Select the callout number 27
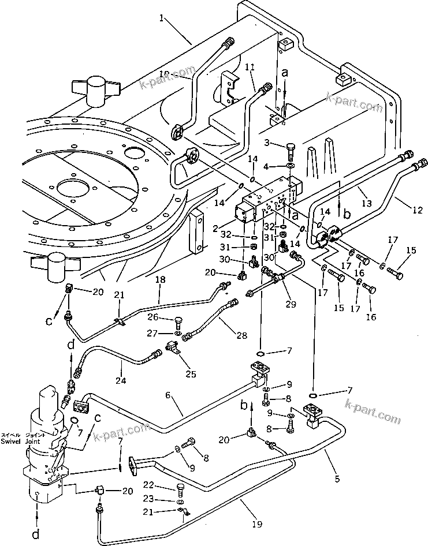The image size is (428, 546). tap(152, 332)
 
